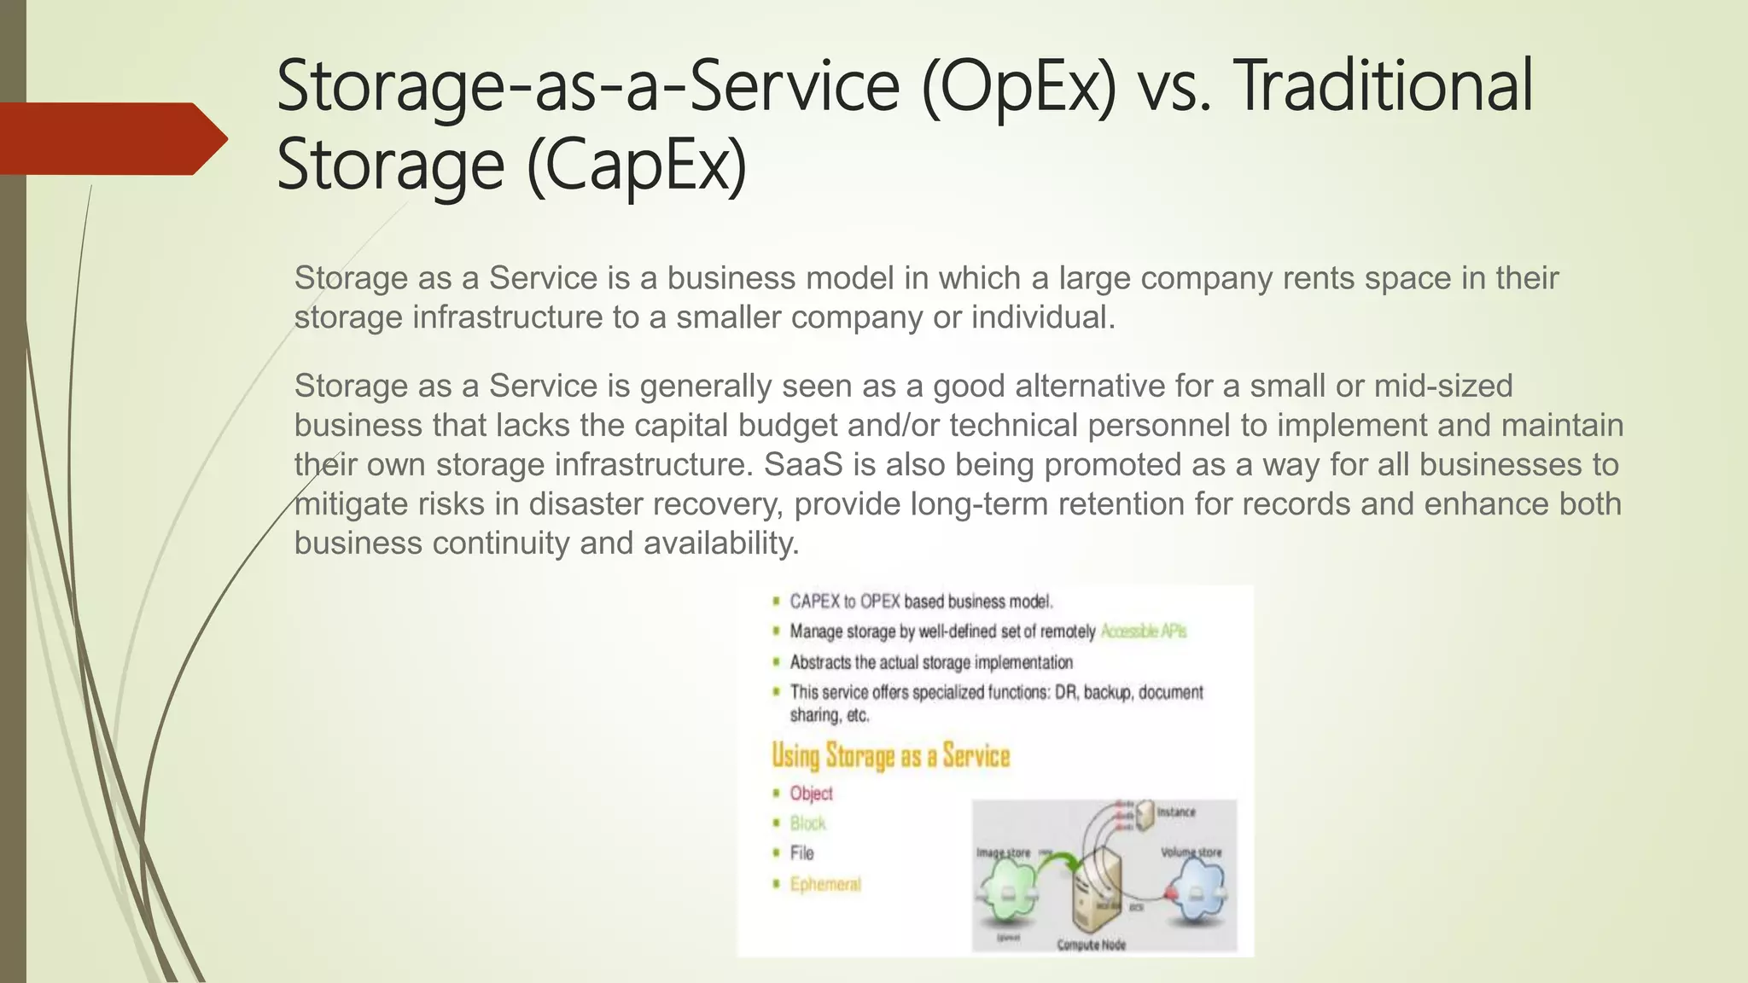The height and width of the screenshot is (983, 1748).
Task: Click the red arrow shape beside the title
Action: (x=111, y=138)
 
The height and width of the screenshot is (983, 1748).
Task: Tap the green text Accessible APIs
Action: (x=1143, y=631)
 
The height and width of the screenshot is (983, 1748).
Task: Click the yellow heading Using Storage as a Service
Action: (x=890, y=756)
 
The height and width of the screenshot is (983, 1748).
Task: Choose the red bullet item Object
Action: (x=811, y=794)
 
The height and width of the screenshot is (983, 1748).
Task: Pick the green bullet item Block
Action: (x=807, y=823)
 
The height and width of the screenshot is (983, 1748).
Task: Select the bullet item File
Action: (x=801, y=853)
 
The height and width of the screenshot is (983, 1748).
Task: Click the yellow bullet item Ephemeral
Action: (x=825, y=884)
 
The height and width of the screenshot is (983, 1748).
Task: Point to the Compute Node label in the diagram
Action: (x=1091, y=945)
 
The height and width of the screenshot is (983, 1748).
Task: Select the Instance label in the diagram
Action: (x=1175, y=812)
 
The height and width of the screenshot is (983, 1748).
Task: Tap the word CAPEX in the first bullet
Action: (x=815, y=602)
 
